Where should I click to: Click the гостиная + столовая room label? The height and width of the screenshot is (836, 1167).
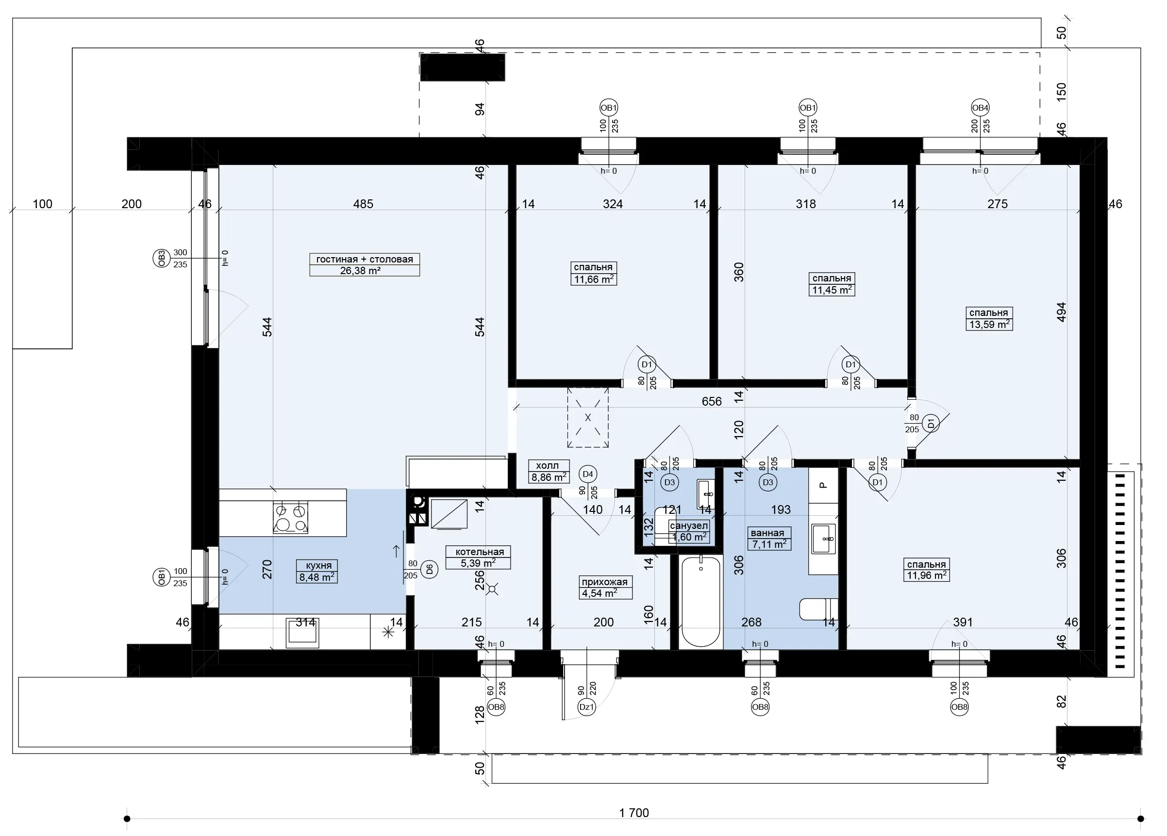click(364, 259)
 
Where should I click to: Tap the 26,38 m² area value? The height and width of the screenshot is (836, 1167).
click(360, 271)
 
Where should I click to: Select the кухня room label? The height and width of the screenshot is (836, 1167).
click(318, 566)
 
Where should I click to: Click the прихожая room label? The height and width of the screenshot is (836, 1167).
click(604, 582)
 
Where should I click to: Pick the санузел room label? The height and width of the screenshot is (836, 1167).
click(689, 525)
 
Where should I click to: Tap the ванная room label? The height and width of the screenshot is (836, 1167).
click(767, 533)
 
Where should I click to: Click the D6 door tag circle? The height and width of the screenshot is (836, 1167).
click(429, 569)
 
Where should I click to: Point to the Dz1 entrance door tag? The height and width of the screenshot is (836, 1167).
click(586, 707)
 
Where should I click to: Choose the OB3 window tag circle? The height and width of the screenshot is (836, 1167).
click(162, 258)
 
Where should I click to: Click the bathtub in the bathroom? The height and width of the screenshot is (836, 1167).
click(701, 602)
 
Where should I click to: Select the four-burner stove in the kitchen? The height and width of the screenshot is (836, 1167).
click(290, 518)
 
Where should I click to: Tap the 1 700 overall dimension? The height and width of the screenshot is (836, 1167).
click(634, 813)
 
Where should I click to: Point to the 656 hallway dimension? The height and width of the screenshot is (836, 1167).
click(712, 402)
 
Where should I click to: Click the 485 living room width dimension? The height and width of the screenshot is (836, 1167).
click(363, 204)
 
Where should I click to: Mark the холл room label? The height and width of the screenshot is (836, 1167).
click(547, 465)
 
